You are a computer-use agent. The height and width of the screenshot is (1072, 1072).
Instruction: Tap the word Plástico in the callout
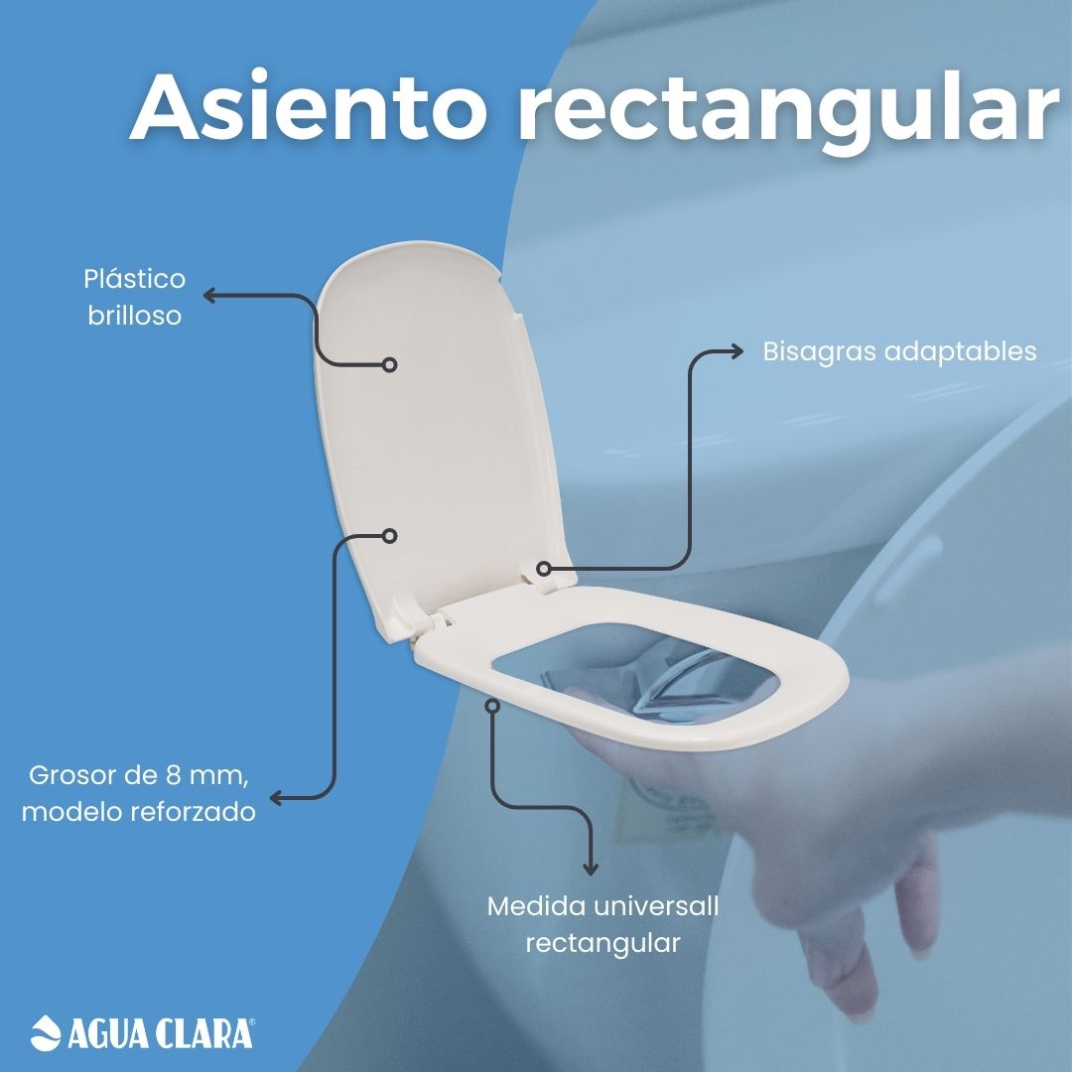[135, 279]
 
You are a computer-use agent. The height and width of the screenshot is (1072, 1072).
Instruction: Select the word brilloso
[135, 316]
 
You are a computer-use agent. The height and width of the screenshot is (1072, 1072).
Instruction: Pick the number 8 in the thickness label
[174, 775]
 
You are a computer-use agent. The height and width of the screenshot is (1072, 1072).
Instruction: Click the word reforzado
[194, 812]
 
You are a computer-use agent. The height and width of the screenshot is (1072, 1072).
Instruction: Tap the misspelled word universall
[656, 906]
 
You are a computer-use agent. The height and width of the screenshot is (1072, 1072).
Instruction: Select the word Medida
[536, 906]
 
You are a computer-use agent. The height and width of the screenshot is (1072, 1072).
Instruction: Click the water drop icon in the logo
[46, 1032]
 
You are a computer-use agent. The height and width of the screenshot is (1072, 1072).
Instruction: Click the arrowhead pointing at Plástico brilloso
[209, 296]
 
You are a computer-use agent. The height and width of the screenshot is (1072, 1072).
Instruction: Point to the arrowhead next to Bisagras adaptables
[737, 351]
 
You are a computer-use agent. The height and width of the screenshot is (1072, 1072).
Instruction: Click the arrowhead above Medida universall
[590, 870]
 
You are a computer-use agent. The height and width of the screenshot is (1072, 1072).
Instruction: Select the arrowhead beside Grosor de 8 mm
[276, 798]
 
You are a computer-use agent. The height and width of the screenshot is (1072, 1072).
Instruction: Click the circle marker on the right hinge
[544, 568]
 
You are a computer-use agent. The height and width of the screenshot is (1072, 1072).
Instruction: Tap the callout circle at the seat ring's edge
[492, 706]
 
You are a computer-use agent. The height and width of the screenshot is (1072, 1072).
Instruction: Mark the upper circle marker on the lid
[390, 365]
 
